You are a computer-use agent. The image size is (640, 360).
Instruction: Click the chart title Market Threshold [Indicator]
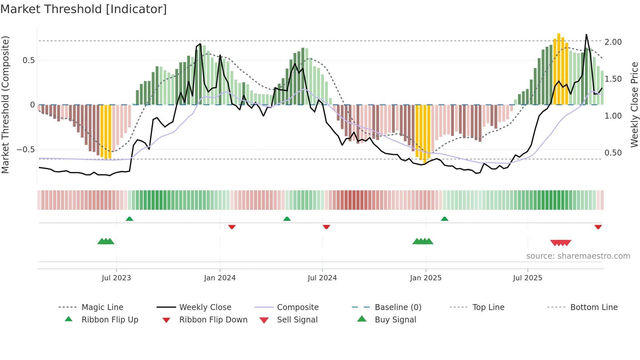84,9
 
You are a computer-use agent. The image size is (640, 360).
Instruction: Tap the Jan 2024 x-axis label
220,278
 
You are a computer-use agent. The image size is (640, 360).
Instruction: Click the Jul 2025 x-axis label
527,278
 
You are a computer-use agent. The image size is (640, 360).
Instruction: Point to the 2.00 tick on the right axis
613,42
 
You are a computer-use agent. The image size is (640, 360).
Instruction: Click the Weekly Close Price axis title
634,105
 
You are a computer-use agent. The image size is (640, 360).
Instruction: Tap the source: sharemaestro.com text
578,256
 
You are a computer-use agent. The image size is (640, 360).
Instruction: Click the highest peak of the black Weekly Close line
586,34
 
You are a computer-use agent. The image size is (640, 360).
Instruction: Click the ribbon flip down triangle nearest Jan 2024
232,227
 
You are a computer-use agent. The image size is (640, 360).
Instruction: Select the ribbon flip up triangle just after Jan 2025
444,219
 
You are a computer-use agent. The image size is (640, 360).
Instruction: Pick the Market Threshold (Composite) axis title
5,105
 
